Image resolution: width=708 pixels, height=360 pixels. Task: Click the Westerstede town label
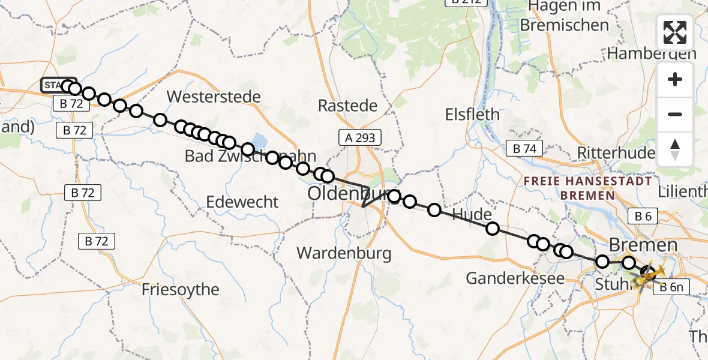pos(214,97)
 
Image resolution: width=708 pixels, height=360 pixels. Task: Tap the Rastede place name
pos(347,106)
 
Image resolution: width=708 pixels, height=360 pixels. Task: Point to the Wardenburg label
pos(344,253)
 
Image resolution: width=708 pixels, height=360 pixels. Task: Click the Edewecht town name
pos(242,202)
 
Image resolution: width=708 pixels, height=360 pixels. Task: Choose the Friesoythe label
pos(181,290)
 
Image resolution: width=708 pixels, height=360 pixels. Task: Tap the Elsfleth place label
pos(472,114)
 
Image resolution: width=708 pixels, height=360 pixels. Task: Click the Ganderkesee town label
pos(515,278)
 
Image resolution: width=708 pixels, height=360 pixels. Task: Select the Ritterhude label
pos(616,153)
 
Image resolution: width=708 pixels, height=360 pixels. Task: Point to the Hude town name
pos(472,215)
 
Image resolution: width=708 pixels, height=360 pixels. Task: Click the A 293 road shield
pos(360,138)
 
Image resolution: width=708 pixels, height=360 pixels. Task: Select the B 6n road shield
pos(671,288)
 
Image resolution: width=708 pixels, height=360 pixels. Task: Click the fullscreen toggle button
pos(675,32)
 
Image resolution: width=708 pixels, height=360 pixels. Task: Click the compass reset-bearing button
pos(675,149)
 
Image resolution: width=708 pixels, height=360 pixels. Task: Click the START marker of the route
pos(57,86)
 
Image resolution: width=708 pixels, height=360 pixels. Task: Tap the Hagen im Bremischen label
pos(565,16)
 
